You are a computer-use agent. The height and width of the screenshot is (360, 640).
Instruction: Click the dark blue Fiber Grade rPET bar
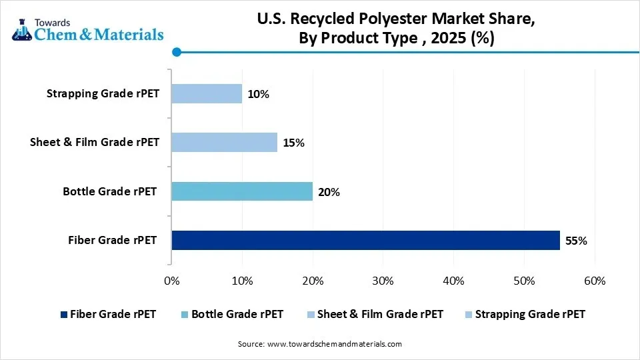365,240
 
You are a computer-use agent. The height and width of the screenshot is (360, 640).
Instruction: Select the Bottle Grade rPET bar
242,191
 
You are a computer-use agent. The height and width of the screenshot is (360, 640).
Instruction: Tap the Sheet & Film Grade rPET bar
224,142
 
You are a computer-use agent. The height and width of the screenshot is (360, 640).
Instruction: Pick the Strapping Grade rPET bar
207,93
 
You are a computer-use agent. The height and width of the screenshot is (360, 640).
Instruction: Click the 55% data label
576,241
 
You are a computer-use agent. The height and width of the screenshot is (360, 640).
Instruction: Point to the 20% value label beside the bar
329,192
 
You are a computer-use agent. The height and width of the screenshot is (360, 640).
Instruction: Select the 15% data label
293,143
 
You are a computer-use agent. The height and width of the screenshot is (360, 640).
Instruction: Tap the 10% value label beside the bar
258,94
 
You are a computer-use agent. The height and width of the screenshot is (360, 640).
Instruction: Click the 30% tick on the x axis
383,281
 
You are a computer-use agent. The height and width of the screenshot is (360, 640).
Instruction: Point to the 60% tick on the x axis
594,281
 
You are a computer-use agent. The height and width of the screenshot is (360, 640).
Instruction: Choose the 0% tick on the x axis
171,281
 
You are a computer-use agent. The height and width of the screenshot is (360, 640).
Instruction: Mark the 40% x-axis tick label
453,281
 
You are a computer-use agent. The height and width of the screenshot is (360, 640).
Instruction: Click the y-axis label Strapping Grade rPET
103,93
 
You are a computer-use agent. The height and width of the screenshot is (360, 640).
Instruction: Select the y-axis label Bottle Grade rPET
110,191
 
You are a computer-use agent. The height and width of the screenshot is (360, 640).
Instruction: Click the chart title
396,29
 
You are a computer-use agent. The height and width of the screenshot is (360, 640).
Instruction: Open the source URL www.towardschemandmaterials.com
334,344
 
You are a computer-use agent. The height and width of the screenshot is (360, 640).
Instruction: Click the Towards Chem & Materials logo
87,29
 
